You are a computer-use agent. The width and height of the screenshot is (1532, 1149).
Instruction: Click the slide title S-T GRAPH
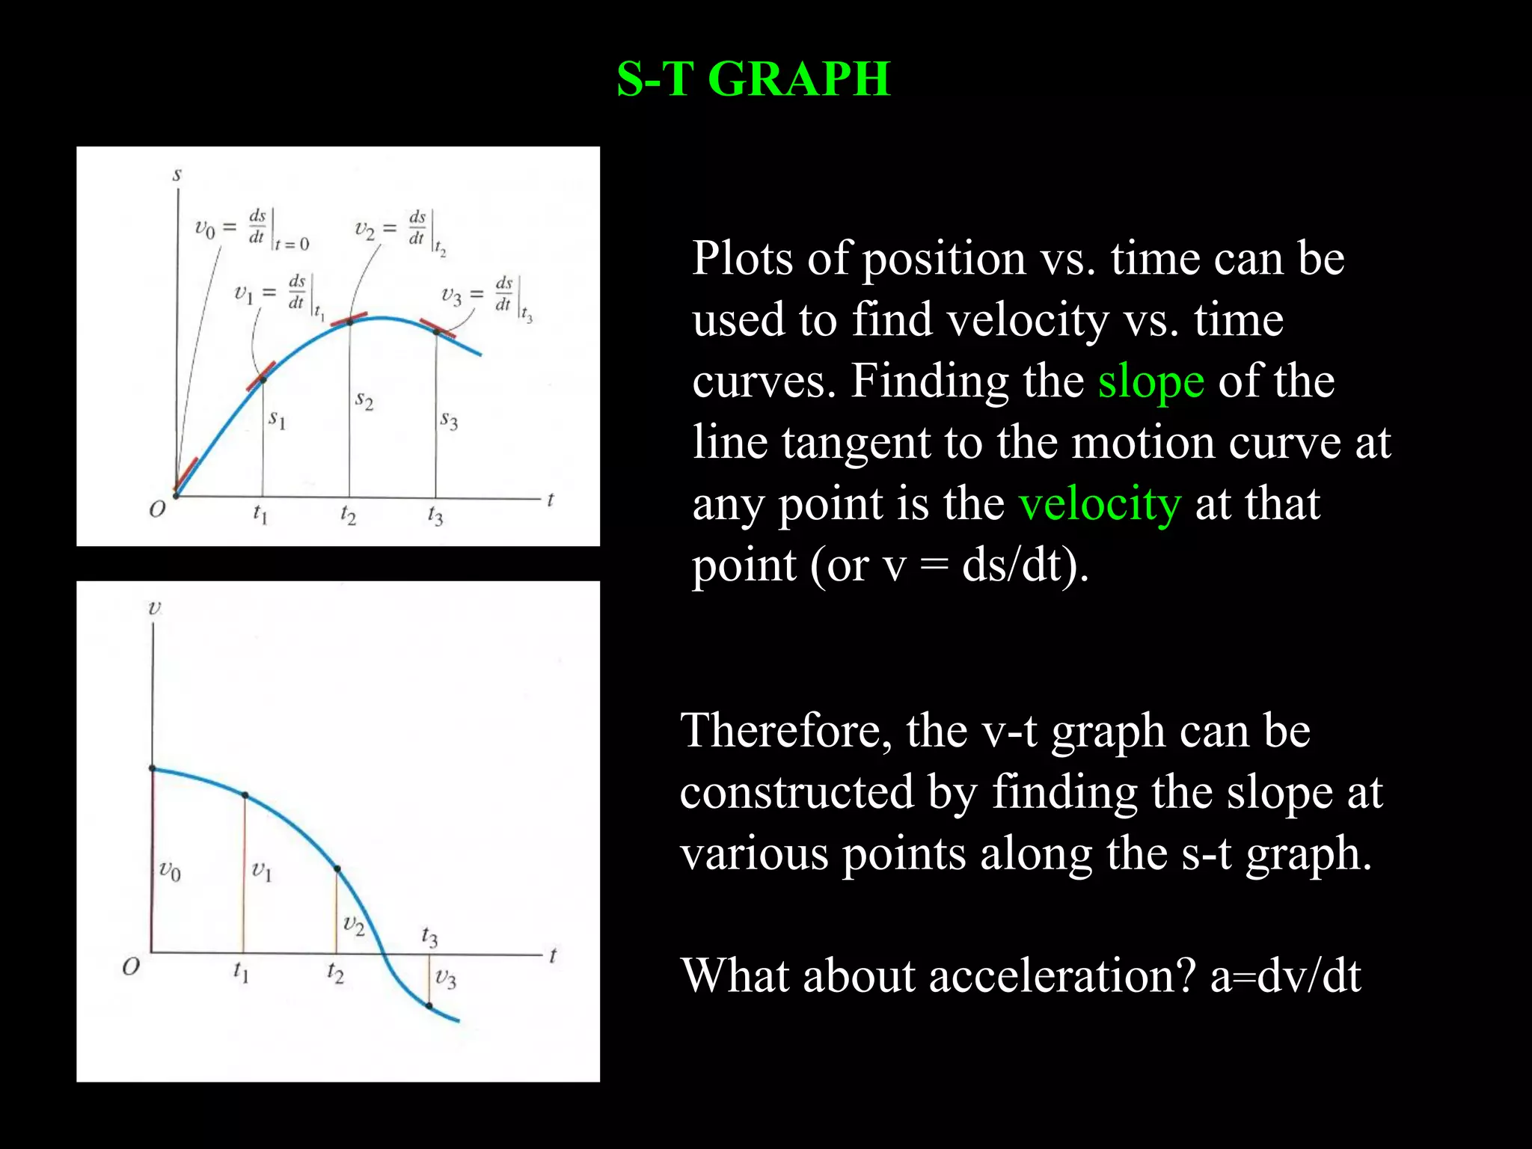[753, 79]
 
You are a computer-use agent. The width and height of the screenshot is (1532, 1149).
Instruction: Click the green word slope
[1150, 382]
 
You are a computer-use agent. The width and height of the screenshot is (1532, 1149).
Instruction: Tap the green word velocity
[1100, 504]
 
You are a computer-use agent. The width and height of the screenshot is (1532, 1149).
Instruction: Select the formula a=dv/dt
[1286, 976]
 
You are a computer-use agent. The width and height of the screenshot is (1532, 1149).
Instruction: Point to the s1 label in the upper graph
[278, 419]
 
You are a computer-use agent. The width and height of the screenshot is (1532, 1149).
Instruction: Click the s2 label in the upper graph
[364, 400]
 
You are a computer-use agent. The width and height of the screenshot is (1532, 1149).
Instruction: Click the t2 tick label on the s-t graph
[349, 515]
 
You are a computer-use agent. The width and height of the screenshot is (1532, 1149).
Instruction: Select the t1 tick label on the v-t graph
[241, 972]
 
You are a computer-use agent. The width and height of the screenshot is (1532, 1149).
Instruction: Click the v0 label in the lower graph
[170, 871]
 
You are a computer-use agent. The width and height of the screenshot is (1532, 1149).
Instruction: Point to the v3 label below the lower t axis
[446, 978]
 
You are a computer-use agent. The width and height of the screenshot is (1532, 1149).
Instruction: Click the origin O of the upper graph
[157, 510]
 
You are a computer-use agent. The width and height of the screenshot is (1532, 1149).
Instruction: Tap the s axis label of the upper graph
[177, 175]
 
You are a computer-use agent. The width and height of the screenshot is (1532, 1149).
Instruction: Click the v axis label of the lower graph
[154, 607]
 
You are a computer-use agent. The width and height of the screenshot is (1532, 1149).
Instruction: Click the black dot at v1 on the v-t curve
[245, 795]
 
